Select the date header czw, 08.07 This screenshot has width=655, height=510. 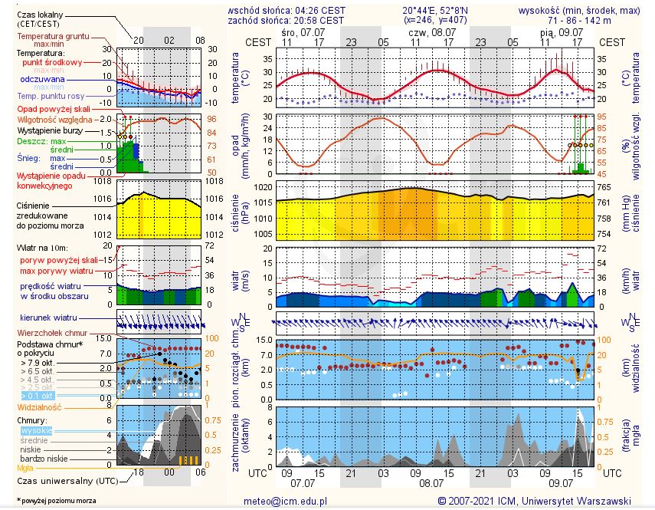click(x=430, y=33)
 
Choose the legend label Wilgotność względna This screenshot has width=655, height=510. click(x=55, y=120)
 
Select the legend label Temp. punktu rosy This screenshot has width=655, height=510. click(x=52, y=96)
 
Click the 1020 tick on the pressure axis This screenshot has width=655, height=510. click(x=263, y=187)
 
